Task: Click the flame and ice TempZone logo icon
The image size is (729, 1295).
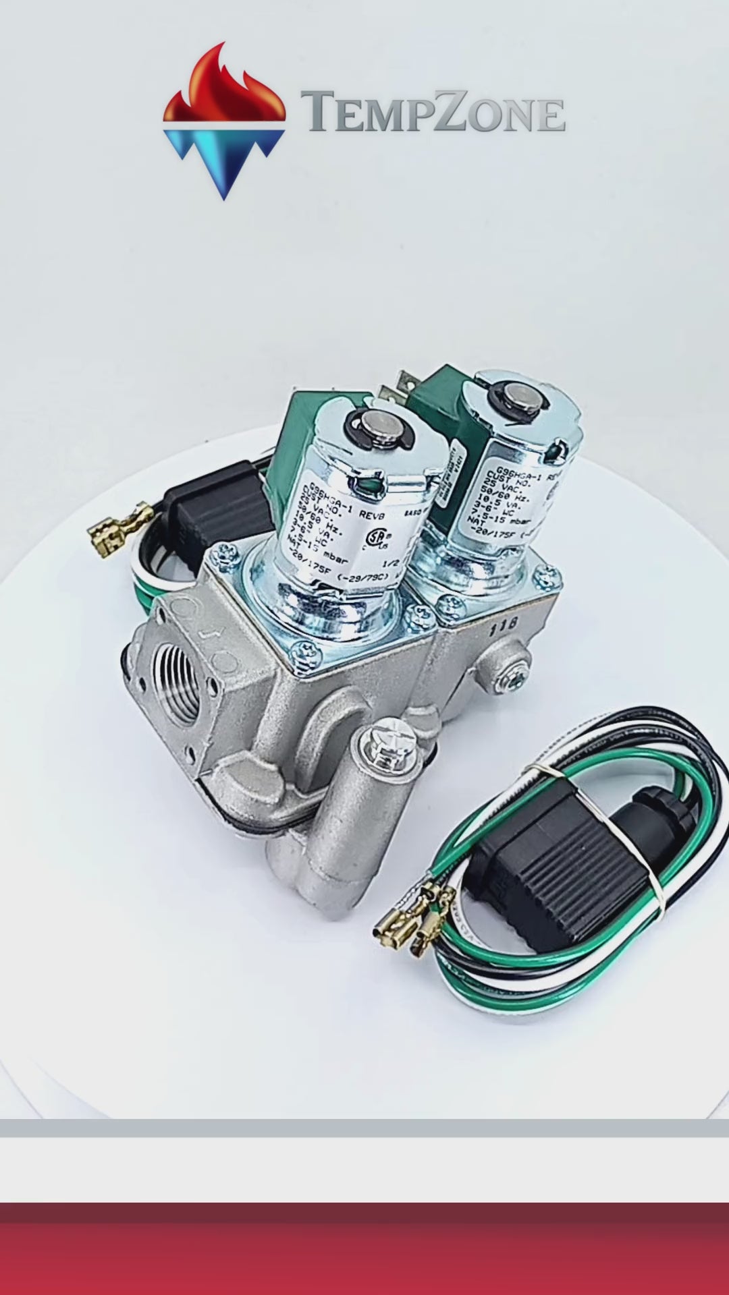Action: tap(223, 121)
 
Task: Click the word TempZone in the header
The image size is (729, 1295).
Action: tap(433, 113)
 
